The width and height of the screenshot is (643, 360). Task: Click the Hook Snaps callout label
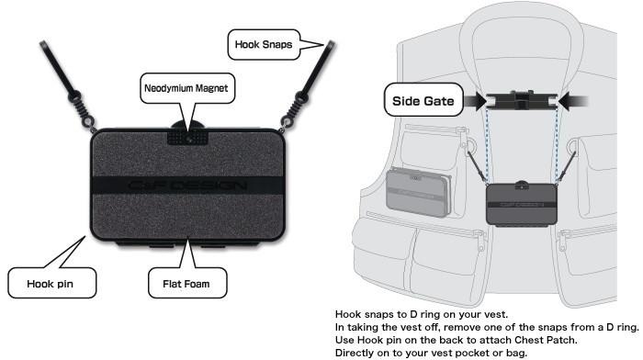pos(264,45)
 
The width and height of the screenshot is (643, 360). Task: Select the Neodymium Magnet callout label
pos(187,88)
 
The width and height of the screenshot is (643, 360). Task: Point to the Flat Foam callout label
pos(187,284)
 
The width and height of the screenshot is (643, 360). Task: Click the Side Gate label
pos(423,101)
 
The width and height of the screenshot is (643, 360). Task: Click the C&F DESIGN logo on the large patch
pos(187,186)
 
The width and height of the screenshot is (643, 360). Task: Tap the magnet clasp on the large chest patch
pos(187,137)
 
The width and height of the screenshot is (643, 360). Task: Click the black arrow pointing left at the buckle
pos(573,101)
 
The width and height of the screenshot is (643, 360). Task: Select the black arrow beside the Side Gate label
pos(475,101)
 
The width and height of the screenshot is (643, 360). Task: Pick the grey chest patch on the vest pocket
pos(418,192)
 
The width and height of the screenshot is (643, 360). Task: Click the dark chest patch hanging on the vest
pos(521,203)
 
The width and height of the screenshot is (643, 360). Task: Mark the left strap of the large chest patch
pos(67,85)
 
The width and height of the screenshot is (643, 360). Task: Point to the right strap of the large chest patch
pos(307,85)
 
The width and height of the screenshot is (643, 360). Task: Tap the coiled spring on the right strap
pos(295,107)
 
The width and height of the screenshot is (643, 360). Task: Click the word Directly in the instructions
pos(354,353)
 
